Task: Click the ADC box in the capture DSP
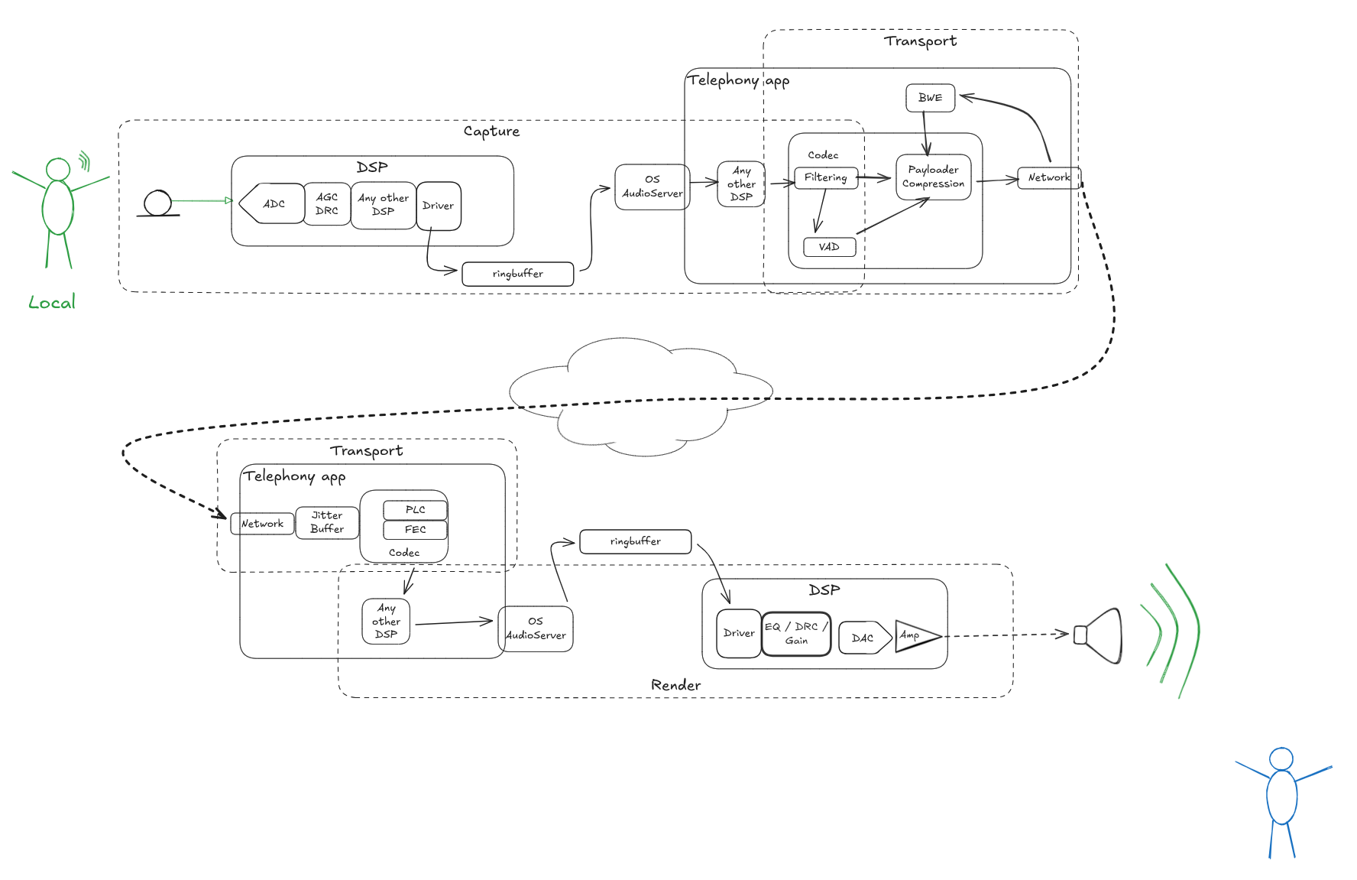273,204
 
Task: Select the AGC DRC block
327,204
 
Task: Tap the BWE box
930,98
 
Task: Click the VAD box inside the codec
829,247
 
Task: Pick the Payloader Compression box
933,177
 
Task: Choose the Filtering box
825,177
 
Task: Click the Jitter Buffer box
327,522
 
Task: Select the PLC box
415,510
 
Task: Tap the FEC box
415,529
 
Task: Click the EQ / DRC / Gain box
796,634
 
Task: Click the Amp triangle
913,635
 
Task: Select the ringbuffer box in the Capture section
518,274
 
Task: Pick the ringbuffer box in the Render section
635,541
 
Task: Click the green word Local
52,303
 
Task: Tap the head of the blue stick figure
1281,759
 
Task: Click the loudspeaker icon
1100,635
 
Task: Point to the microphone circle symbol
158,203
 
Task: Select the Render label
675,685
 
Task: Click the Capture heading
491,132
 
